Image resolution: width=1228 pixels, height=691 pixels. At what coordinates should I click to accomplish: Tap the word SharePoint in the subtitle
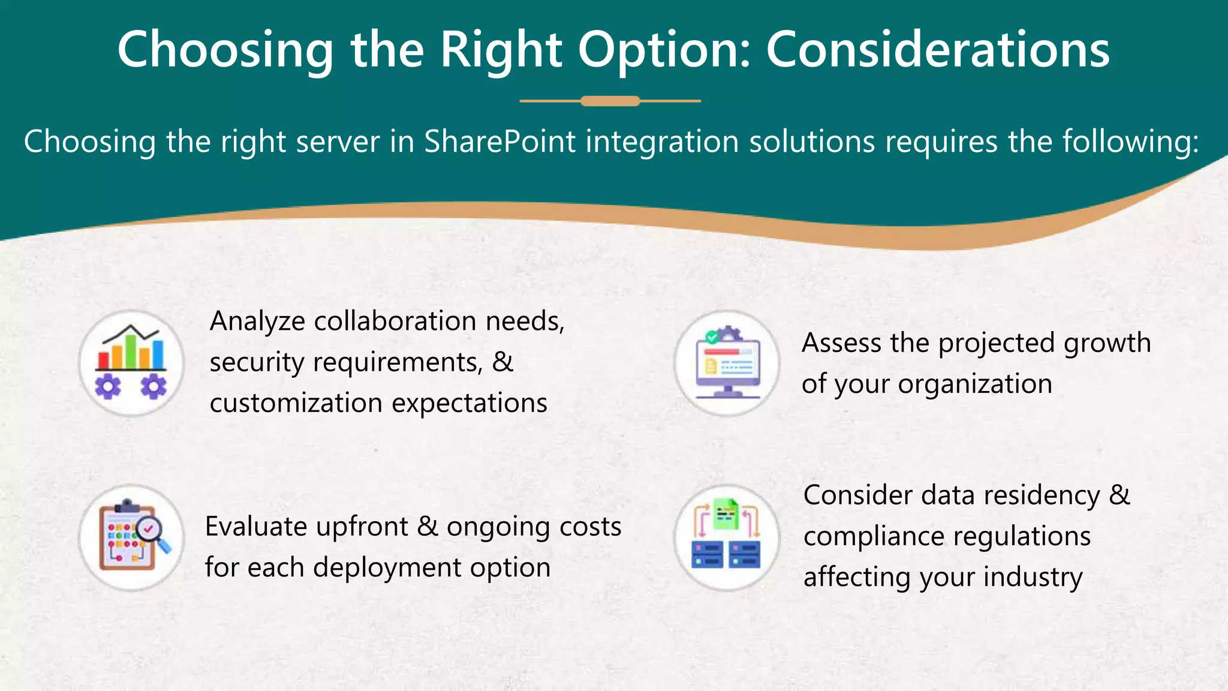(x=500, y=142)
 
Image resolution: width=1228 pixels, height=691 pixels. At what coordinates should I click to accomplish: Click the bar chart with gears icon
(x=131, y=363)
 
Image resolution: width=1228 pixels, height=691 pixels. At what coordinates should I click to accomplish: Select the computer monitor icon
(x=727, y=363)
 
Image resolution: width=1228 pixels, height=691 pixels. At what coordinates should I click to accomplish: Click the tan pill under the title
(x=610, y=101)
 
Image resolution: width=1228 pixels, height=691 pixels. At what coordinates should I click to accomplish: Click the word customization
(x=296, y=403)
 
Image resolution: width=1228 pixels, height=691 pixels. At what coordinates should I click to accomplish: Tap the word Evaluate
(x=256, y=527)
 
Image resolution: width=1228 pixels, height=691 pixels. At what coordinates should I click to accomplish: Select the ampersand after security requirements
(x=502, y=362)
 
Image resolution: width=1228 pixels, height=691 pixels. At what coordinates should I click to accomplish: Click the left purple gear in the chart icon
(x=108, y=387)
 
